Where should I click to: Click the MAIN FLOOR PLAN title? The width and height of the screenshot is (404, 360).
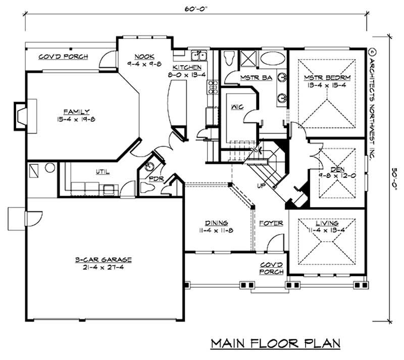click(275, 344)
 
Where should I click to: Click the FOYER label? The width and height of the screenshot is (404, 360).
click(271, 223)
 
